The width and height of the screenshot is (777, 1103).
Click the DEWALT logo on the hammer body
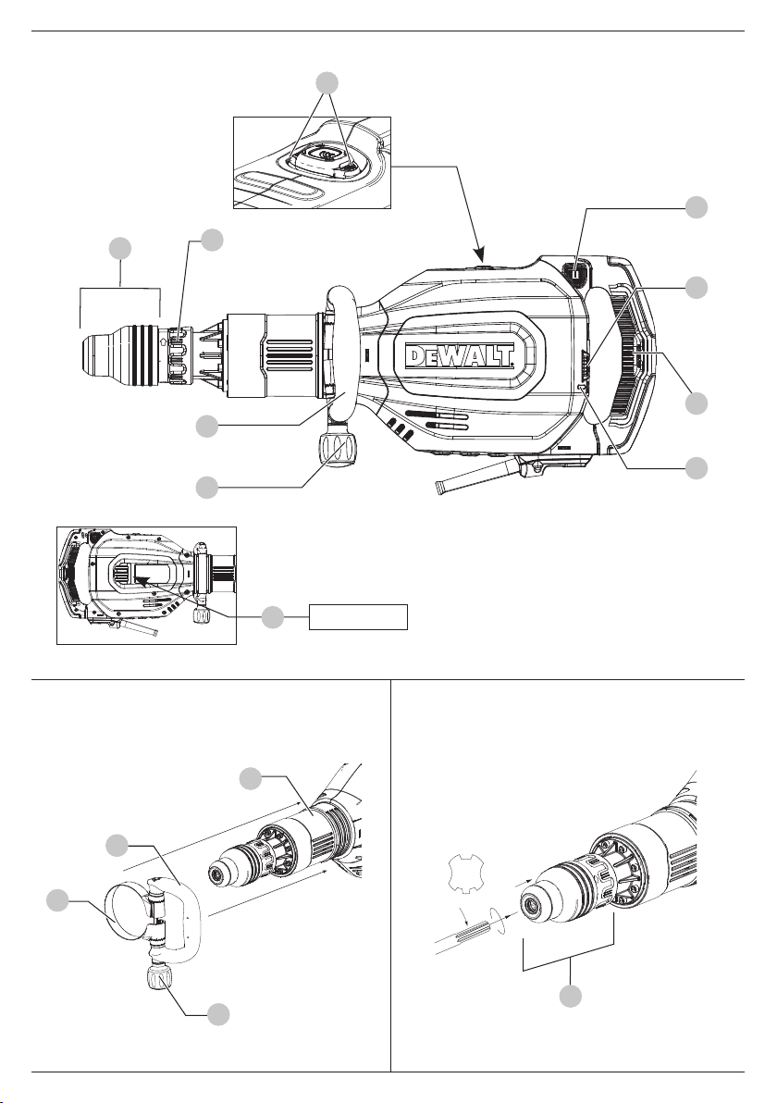click(461, 356)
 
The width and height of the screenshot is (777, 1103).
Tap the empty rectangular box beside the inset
click(359, 617)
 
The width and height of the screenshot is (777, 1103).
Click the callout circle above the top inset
click(327, 83)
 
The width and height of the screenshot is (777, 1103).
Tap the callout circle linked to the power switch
click(697, 207)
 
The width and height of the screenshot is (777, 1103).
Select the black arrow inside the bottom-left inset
click(142, 581)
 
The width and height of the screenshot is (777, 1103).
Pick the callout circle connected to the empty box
click(273, 618)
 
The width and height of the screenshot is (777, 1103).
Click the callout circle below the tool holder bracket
click(571, 996)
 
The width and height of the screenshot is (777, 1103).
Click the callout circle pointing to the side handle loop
click(206, 427)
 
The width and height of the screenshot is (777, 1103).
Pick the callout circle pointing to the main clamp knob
click(206, 488)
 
